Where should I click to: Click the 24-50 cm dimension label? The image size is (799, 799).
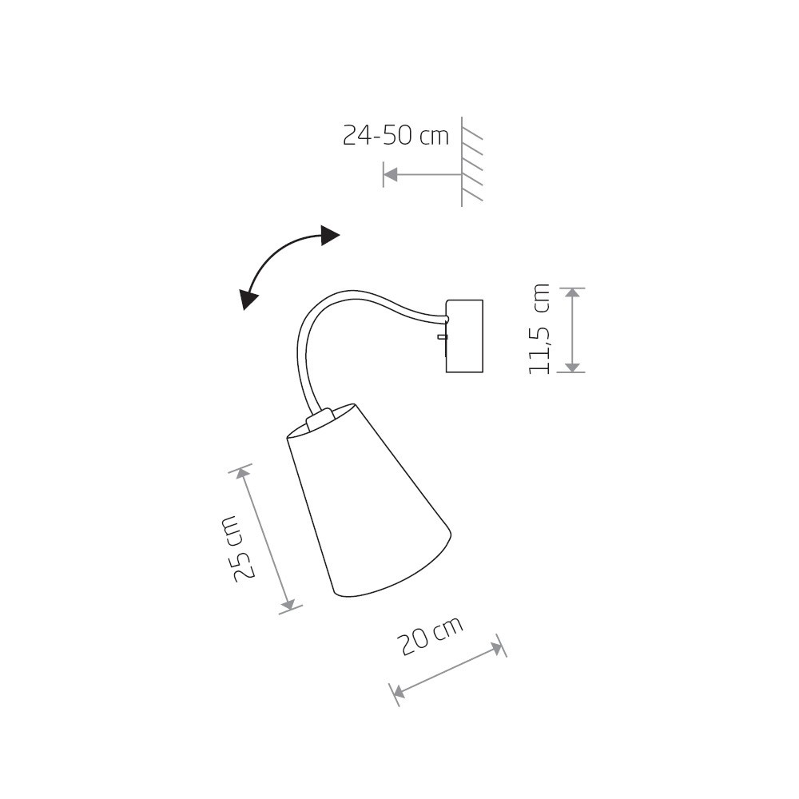[x=396, y=136]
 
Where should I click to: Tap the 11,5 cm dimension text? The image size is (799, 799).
[x=539, y=329]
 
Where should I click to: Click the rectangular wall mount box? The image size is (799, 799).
[x=464, y=336]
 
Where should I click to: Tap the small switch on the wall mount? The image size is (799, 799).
[x=443, y=336]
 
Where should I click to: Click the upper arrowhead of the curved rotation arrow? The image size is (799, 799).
[x=330, y=236]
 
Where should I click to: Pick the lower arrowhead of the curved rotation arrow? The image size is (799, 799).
[x=248, y=300]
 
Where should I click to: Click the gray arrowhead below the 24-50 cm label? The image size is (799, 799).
[x=391, y=175]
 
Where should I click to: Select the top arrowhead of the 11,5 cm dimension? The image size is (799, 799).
[x=573, y=293]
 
